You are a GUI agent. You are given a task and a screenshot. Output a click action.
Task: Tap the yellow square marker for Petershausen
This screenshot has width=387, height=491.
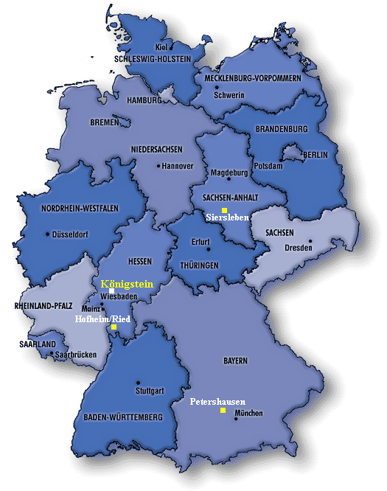click(223, 411)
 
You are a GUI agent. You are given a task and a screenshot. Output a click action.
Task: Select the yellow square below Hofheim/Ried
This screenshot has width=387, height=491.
click(114, 327)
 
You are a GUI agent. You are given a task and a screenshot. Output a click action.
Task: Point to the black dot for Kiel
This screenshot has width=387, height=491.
click(172, 48)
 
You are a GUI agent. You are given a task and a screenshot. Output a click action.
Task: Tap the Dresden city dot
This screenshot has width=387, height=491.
click(311, 240)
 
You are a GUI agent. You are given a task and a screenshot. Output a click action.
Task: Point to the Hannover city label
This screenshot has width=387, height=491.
click(178, 166)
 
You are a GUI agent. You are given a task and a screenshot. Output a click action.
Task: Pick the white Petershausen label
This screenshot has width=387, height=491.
click(217, 402)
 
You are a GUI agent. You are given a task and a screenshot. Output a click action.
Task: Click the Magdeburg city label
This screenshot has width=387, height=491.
click(229, 173)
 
